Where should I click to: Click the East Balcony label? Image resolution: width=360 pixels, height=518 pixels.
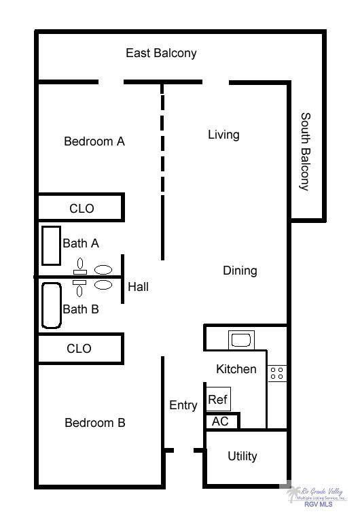[161, 53]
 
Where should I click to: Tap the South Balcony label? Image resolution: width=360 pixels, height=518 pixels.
[306, 152]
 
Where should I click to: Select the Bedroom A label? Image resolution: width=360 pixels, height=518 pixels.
[94, 141]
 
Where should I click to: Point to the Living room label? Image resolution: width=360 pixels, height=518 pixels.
[223, 135]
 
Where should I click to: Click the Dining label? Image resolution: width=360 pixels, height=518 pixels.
[240, 271]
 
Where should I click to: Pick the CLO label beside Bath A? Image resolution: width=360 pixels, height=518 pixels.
[82, 209]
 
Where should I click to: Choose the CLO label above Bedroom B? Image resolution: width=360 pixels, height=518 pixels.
[79, 349]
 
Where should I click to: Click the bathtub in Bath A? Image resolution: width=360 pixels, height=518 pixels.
[51, 245]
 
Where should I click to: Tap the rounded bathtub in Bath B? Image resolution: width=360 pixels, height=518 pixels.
[52, 306]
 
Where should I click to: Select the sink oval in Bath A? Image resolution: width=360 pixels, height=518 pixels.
[103, 270]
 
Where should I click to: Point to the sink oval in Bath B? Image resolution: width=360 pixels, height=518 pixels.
[103, 284]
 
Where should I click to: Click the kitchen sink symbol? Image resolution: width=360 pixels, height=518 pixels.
[241, 340]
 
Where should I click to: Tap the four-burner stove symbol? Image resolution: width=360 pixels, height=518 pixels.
[277, 373]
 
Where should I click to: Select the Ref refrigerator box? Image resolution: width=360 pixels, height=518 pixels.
[218, 399]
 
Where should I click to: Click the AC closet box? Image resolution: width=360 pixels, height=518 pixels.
[221, 421]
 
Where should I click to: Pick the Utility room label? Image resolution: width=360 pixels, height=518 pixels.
[242, 456]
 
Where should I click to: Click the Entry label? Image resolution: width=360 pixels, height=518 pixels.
[183, 405]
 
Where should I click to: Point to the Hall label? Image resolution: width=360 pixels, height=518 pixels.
[139, 287]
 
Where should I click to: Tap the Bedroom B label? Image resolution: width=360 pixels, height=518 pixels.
[95, 423]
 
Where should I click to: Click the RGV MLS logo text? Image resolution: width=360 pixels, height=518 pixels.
[318, 504]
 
